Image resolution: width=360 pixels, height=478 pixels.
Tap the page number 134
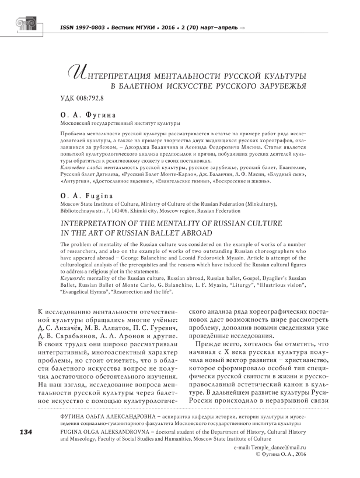[x=26, y=432]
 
